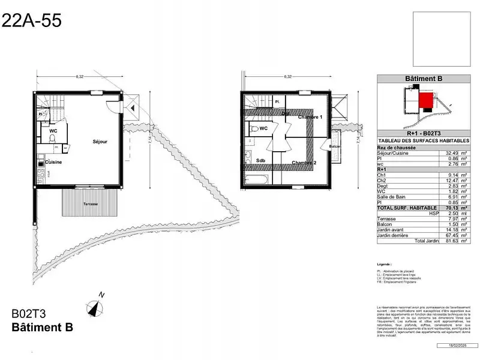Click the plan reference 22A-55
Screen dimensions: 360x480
[x=31, y=21]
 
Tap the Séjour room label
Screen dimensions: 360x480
[x=100, y=142]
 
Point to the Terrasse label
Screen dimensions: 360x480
[x=91, y=204]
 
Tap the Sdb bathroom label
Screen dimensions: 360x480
[x=260, y=161]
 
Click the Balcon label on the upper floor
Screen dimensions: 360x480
[x=335, y=146]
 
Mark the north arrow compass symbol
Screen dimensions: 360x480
[x=95, y=307]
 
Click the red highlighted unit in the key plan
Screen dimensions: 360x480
[x=427, y=100]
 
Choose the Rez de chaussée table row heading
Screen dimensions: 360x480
[x=397, y=148]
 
